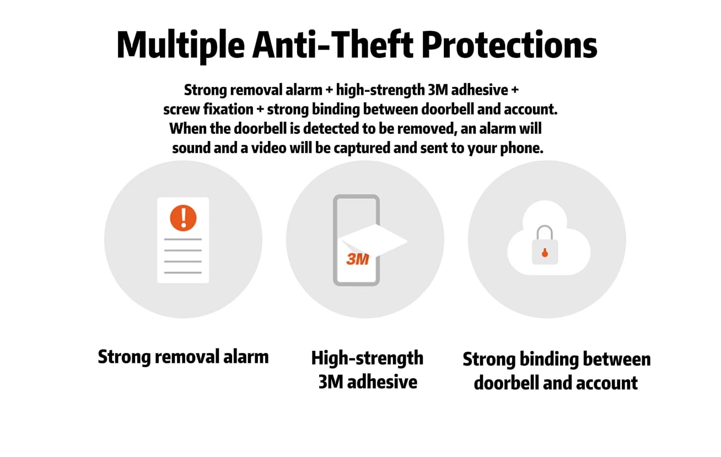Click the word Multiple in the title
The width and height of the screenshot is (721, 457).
coord(181,45)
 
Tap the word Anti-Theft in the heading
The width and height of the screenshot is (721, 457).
coord(333,45)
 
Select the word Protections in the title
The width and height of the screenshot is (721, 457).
coord(509,45)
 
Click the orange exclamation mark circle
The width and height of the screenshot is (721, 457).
coord(183,218)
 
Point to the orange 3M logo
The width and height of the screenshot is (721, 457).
coord(358,259)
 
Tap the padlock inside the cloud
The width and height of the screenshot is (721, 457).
coord(545,244)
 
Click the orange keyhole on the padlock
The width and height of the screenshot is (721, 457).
coord(545,253)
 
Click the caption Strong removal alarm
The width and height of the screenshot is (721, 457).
coord(183,357)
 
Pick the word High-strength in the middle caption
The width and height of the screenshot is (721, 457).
coord(367,358)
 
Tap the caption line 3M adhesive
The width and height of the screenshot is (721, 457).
coord(368,382)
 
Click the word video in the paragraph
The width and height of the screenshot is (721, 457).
coord(268,148)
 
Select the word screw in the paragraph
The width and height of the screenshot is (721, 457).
coord(181,110)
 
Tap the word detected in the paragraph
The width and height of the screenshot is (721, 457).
coord(331,129)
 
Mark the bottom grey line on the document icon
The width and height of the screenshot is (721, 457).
coord(183,273)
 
